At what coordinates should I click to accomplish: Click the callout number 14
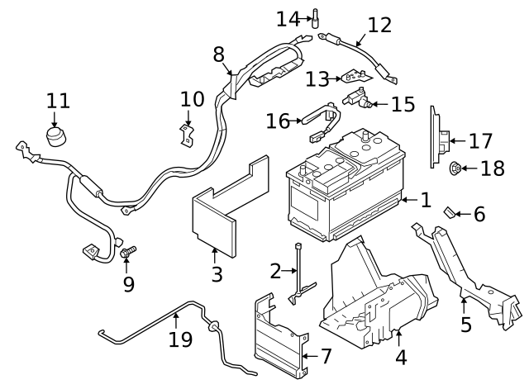(x=288, y=19)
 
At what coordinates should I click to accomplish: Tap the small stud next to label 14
(x=316, y=18)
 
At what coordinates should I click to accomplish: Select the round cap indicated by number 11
(x=56, y=136)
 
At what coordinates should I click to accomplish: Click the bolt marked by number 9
(x=128, y=252)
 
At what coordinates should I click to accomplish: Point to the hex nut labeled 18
(x=455, y=168)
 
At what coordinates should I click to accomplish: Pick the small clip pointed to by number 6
(x=449, y=212)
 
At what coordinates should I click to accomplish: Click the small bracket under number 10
(x=186, y=135)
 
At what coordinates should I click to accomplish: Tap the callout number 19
(x=180, y=339)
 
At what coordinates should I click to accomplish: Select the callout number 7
(x=326, y=356)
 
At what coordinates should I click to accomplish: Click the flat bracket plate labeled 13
(x=356, y=77)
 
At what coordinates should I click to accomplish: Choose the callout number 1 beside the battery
(x=427, y=200)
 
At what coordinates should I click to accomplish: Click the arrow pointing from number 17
(x=457, y=141)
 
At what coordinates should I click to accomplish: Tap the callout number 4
(x=400, y=358)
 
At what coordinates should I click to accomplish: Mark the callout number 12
(x=379, y=25)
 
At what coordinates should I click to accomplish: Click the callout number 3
(x=217, y=274)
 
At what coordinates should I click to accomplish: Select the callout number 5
(x=466, y=324)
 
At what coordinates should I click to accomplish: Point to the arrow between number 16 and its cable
(x=296, y=121)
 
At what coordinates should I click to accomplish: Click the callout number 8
(x=218, y=54)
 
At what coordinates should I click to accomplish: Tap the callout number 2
(x=275, y=271)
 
